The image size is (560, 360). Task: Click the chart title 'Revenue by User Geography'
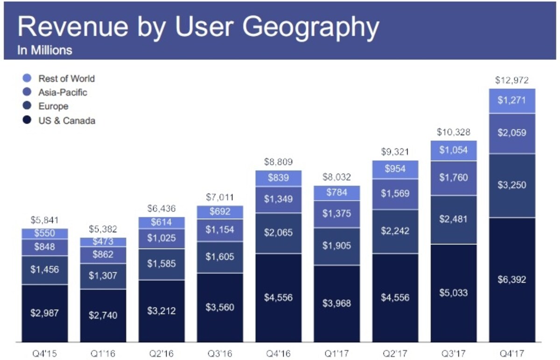point(198,27)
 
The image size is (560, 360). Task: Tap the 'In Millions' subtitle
point(45,50)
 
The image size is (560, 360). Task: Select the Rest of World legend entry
point(59,78)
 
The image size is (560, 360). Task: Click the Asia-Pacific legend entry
point(55,92)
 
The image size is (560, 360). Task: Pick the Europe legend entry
point(46,106)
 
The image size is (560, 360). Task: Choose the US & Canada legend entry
point(59,120)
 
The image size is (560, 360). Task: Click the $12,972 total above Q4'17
point(512,80)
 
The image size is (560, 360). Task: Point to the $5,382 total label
point(103,229)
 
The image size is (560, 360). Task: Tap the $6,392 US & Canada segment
point(512,280)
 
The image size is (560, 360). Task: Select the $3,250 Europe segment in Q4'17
point(512,186)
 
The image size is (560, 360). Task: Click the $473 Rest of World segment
point(103,242)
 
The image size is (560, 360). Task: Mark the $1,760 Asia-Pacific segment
point(454,178)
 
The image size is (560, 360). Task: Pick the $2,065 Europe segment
point(278,233)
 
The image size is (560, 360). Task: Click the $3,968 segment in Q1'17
point(337,304)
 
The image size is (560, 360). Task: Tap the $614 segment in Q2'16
point(161,223)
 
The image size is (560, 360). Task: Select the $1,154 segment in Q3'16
point(220,230)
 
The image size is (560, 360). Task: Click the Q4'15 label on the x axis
point(45,353)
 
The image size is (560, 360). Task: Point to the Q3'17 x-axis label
point(454,353)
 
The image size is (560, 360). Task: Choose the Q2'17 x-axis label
point(395,353)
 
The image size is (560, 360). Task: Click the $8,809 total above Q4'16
point(278,162)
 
